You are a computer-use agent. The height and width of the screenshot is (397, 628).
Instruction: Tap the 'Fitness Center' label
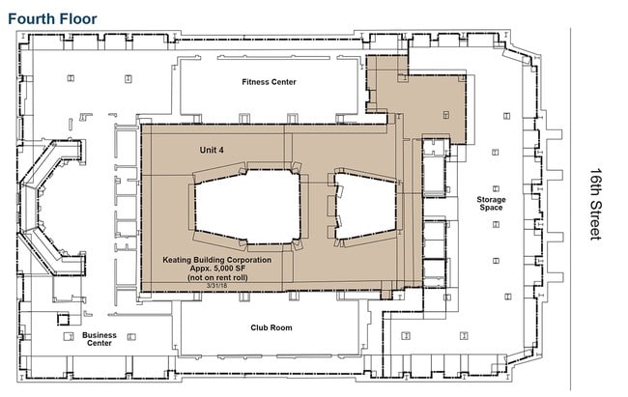tap(269, 82)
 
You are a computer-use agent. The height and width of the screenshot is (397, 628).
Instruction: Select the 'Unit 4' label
tap(212, 151)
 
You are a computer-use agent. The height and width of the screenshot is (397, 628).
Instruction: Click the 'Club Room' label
tap(271, 327)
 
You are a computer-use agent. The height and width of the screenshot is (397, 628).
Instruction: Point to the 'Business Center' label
tap(100, 339)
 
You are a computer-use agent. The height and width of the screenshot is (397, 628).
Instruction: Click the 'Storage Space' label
tap(490, 204)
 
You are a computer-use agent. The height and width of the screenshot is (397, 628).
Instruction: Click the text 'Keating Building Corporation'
tap(215, 261)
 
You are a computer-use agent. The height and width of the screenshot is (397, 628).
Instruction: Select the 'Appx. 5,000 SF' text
tap(215, 269)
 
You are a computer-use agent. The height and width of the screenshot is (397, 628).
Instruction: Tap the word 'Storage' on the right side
tap(490, 199)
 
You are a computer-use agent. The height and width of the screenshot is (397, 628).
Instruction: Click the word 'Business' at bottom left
tap(100, 334)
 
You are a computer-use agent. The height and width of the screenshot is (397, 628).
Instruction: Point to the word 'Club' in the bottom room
tap(258, 327)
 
